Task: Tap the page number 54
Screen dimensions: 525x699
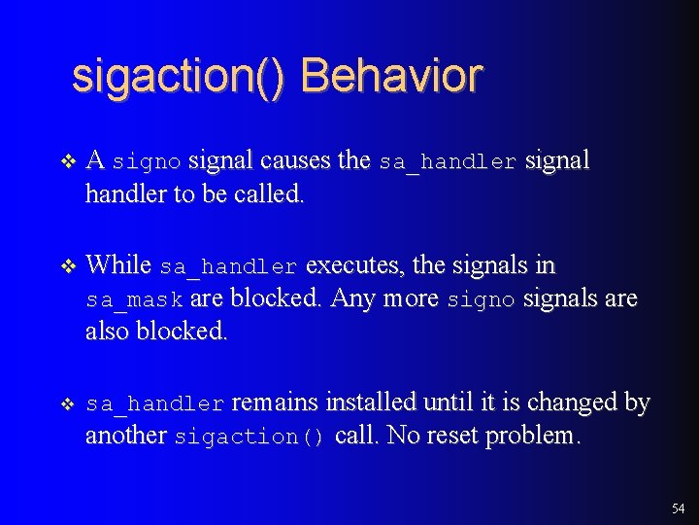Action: tap(678, 508)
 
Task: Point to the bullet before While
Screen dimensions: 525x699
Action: tap(66, 265)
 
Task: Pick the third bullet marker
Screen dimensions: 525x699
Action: tap(66, 403)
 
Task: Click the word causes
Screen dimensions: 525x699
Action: tap(295, 160)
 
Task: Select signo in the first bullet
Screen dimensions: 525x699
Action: tap(148, 162)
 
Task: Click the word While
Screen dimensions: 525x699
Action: tap(118, 264)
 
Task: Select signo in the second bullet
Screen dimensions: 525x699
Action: tap(481, 300)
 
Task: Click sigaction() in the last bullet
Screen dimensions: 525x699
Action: tap(250, 437)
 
